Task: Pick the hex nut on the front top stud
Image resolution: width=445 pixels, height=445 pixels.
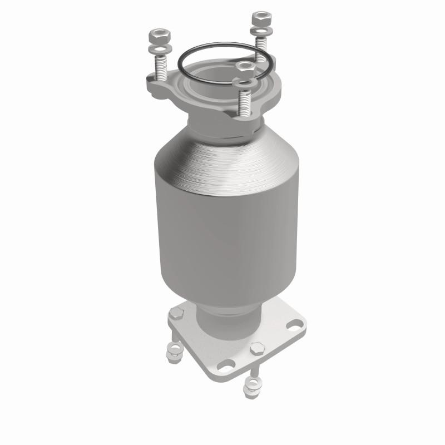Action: tap(243, 68)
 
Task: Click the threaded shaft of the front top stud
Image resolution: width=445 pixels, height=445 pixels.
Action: tap(243, 103)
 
